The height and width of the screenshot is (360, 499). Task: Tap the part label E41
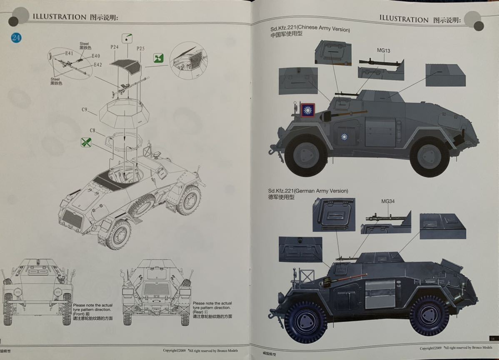(69, 54)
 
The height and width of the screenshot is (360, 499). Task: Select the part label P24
(115, 47)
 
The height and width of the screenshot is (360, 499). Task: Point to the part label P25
(140, 49)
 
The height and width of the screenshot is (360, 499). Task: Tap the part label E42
(97, 65)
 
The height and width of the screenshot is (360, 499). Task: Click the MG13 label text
(384, 50)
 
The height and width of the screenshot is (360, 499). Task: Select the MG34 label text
(387, 201)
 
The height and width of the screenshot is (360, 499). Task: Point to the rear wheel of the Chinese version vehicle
(429, 156)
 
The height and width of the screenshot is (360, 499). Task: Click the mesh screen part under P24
(126, 65)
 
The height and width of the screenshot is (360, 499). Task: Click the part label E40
(95, 56)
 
